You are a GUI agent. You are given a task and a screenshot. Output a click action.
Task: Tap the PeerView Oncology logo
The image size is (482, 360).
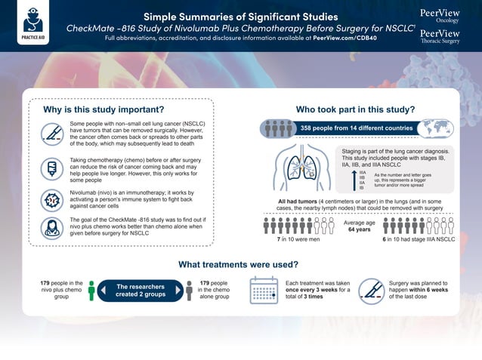tap(443, 16)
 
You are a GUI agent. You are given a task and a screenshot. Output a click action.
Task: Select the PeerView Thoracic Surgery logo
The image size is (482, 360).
tap(443, 36)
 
